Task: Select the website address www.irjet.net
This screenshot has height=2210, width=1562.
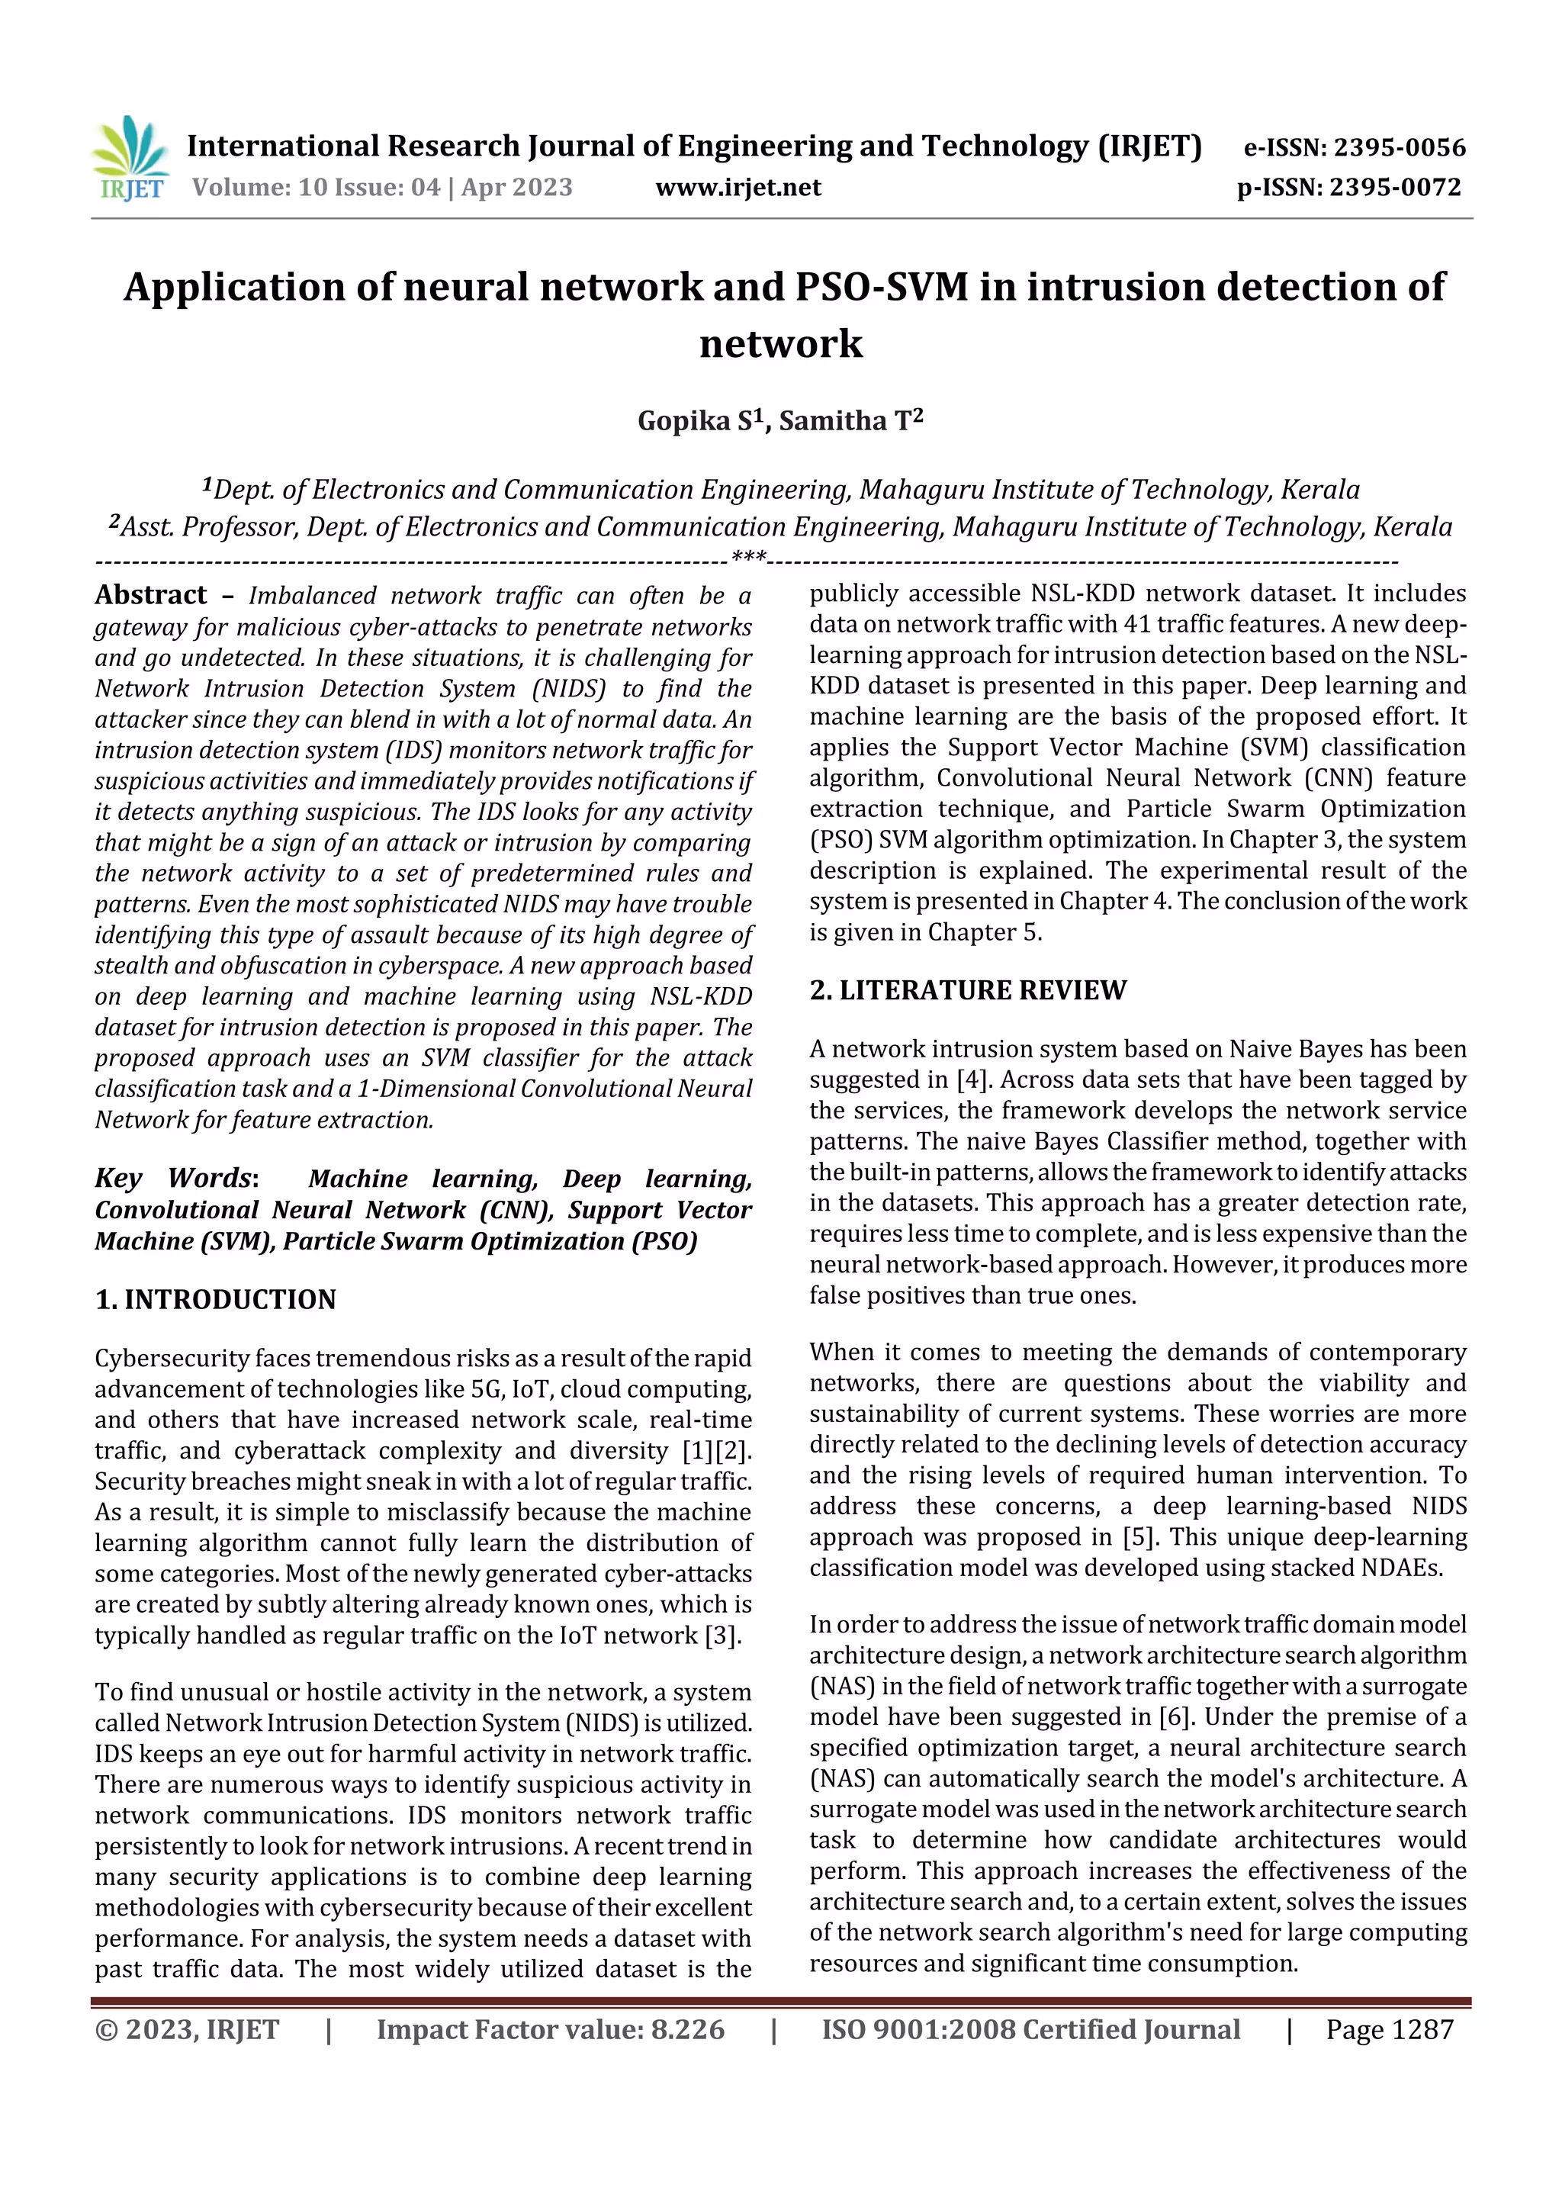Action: [x=738, y=188]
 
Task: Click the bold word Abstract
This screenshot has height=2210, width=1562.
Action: [x=151, y=596]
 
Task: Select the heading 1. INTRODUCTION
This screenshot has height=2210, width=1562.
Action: [x=216, y=1299]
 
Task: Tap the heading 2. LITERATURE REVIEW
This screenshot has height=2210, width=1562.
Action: [x=967, y=990]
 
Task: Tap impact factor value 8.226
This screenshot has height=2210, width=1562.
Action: [x=687, y=2030]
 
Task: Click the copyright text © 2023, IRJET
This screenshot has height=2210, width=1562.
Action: [x=187, y=2030]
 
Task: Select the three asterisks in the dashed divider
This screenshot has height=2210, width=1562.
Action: [x=749, y=558]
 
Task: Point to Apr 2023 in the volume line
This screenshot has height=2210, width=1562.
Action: [x=517, y=188]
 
